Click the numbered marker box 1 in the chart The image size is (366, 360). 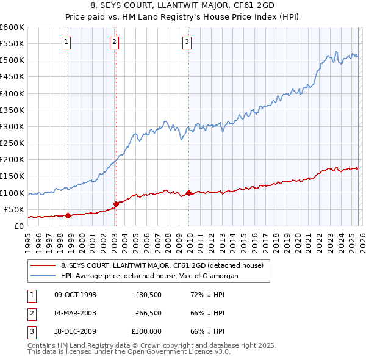click(66, 42)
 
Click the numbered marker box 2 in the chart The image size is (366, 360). click(114, 42)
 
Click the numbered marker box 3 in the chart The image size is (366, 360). click(187, 42)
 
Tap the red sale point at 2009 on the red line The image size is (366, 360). click(188, 193)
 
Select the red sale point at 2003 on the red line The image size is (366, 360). click(116, 204)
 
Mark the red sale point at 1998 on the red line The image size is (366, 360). click(68, 215)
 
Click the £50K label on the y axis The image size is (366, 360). click(14, 210)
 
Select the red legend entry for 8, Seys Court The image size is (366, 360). click(162, 265)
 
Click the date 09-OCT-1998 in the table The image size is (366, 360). click(75, 295)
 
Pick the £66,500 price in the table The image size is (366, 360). click(148, 313)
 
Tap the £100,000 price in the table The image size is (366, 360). click(147, 331)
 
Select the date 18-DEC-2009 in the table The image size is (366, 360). click(75, 331)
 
